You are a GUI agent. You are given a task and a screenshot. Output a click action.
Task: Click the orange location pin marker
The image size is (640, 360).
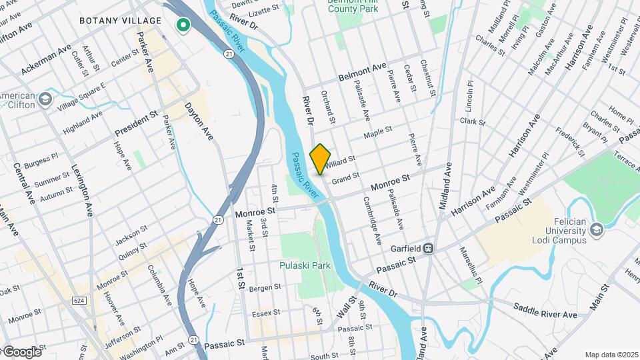[321, 159]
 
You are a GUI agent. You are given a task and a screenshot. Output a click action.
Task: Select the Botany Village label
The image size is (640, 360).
[121, 21]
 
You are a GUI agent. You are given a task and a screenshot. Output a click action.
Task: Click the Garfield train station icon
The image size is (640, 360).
[431, 249]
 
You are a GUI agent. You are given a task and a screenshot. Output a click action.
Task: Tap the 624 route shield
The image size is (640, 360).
[79, 301]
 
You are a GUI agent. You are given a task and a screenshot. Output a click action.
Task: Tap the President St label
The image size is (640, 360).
[135, 123]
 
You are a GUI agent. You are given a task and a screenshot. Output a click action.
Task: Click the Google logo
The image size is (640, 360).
[21, 352]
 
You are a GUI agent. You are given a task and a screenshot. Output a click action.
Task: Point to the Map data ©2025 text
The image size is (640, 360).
[611, 355]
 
